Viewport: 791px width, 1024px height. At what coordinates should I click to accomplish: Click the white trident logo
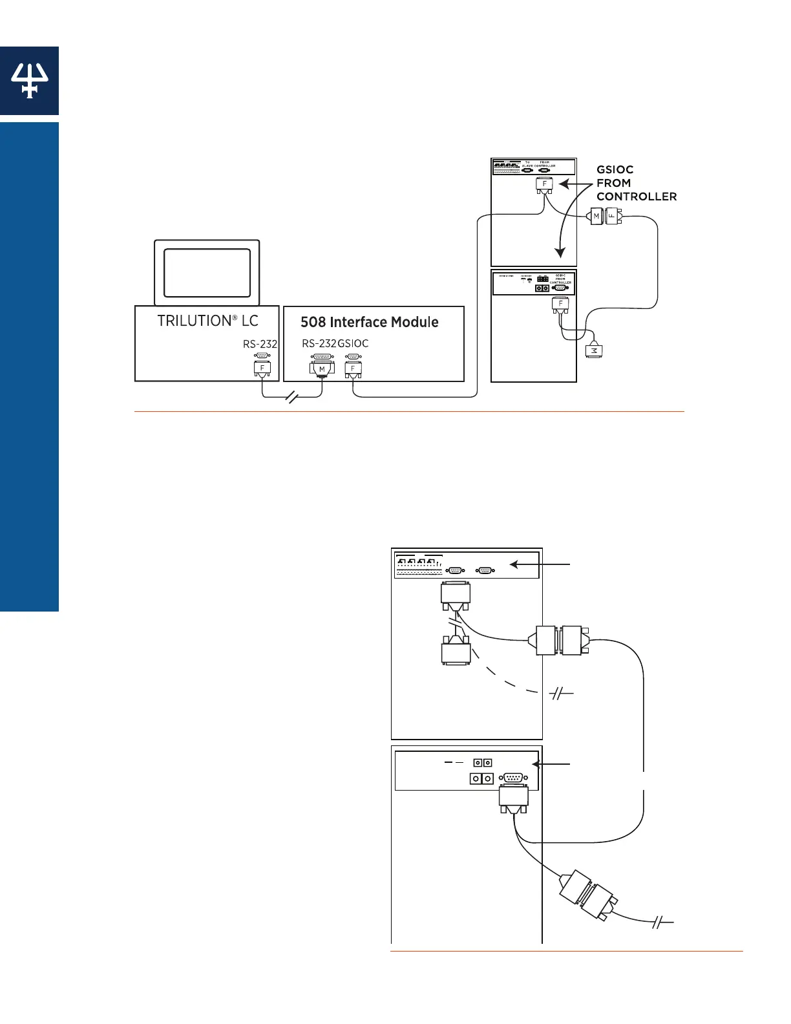[29, 81]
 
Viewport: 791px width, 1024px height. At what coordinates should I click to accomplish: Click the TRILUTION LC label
[207, 321]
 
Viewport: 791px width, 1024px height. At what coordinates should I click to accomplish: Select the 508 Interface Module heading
[369, 322]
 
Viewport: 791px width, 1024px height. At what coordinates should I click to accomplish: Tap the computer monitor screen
[207, 272]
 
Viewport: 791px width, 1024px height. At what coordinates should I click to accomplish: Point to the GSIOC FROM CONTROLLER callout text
[636, 183]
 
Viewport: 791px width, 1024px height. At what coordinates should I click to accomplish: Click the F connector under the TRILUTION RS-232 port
[262, 368]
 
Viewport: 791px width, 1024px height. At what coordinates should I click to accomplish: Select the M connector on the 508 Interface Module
[322, 368]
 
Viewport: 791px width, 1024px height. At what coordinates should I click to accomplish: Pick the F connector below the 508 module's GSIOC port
[353, 368]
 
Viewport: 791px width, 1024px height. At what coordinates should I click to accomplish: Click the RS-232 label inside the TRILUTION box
[260, 344]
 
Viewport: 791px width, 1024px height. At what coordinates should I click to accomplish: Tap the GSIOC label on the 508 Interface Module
[353, 343]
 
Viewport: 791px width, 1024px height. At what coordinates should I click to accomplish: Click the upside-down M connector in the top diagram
[593, 350]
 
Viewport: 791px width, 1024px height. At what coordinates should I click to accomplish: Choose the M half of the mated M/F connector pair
[596, 217]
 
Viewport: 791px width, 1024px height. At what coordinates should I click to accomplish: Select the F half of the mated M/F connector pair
[612, 217]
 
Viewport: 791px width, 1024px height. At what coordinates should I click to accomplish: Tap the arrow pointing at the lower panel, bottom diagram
[551, 764]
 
